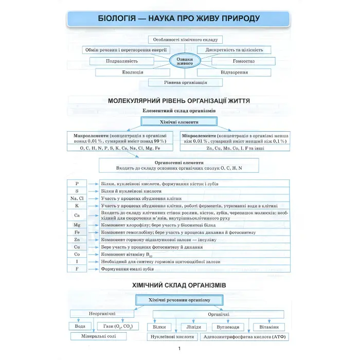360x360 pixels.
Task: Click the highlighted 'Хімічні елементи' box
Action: pos(179,122)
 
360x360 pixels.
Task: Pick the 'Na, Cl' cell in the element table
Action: pos(77,198)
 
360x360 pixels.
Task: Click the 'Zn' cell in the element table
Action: pos(77,240)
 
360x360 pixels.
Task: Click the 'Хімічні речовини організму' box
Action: pos(179,300)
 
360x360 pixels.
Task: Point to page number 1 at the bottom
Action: pos(179,350)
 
